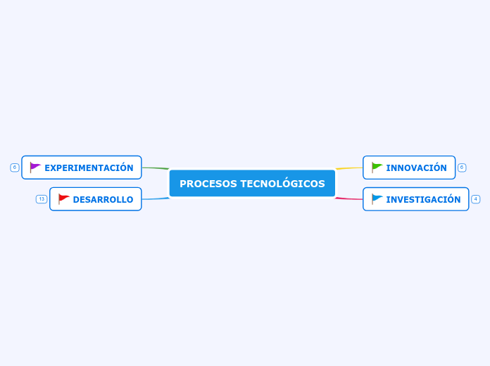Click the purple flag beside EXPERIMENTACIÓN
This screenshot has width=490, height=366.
pos(35,168)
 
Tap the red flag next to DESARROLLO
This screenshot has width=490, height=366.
pos(63,199)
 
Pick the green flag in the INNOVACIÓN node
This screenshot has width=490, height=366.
pos(377,168)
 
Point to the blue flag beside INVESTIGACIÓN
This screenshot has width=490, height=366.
pos(377,199)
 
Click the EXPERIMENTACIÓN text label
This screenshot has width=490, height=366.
pos(89,168)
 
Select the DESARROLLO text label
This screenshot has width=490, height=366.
pos(103,199)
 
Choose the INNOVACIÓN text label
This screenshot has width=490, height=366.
pos(416,168)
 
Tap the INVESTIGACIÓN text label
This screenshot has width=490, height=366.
pos(423,199)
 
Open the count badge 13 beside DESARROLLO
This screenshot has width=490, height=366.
pos(42,199)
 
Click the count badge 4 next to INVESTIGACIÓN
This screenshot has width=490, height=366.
pos(476,199)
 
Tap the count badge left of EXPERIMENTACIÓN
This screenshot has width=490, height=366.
pos(14,168)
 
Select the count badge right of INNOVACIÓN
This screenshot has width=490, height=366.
pos(462,168)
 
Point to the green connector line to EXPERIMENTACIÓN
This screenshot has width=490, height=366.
pos(155,168)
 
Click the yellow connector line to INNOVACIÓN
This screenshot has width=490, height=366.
pos(350,168)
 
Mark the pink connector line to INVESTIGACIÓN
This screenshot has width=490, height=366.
pos(350,199)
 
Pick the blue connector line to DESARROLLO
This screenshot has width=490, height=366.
pos(155,199)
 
